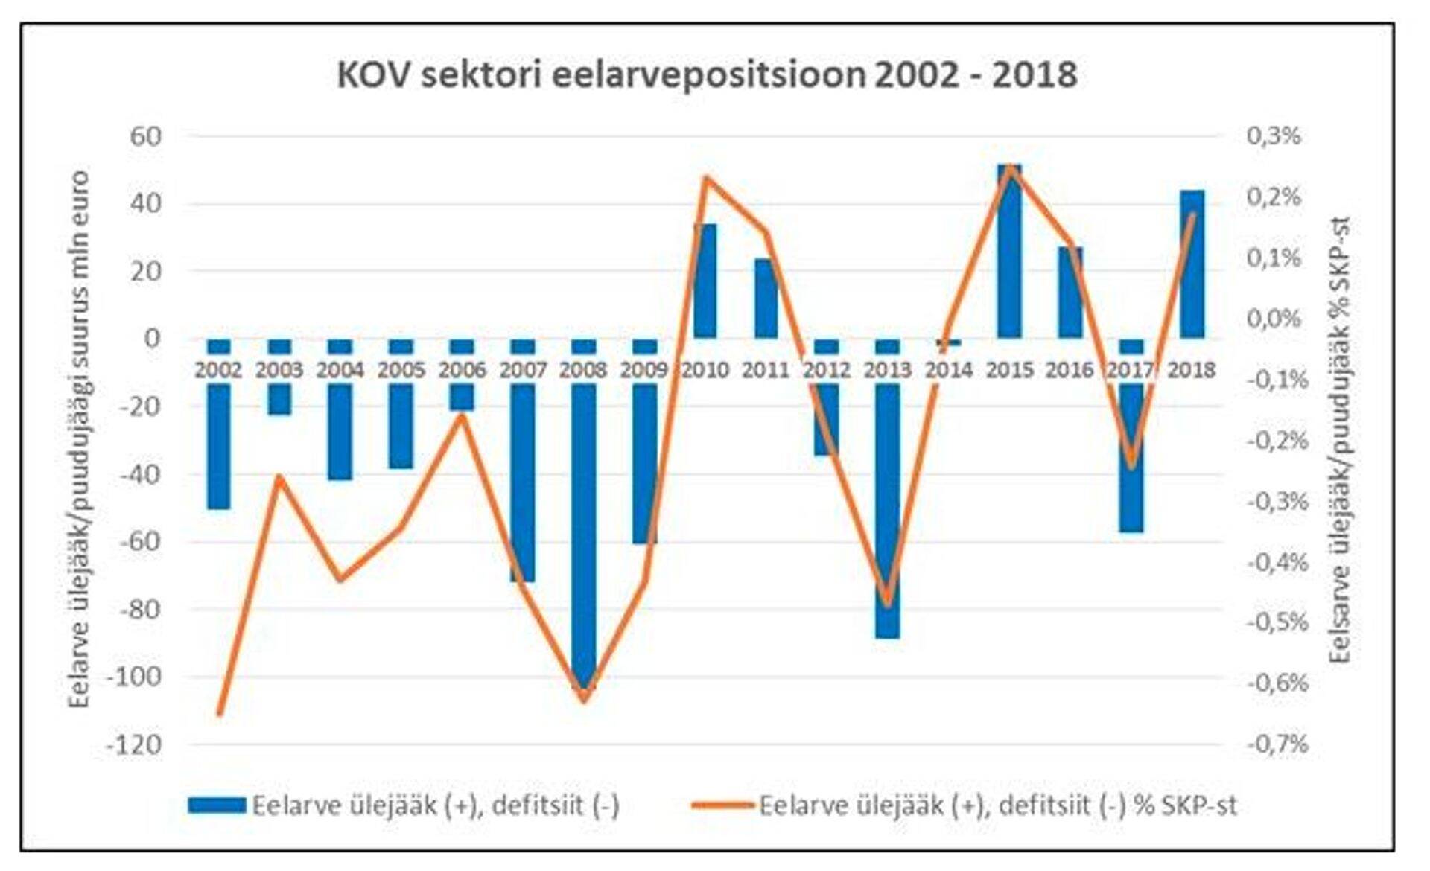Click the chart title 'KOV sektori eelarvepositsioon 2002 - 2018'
point(707,75)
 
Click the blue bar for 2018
point(1192,264)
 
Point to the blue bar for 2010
point(705,281)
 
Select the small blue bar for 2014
point(948,342)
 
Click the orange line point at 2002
point(220,715)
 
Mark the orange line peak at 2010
point(705,177)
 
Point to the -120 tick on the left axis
point(134,744)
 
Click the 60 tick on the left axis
point(146,136)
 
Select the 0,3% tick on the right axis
point(1274,136)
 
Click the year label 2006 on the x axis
point(462,370)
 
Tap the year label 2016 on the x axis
point(1070,370)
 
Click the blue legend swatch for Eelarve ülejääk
point(217,805)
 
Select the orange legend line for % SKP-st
point(722,805)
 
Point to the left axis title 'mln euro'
point(79,439)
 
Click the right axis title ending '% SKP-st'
point(1340,439)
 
